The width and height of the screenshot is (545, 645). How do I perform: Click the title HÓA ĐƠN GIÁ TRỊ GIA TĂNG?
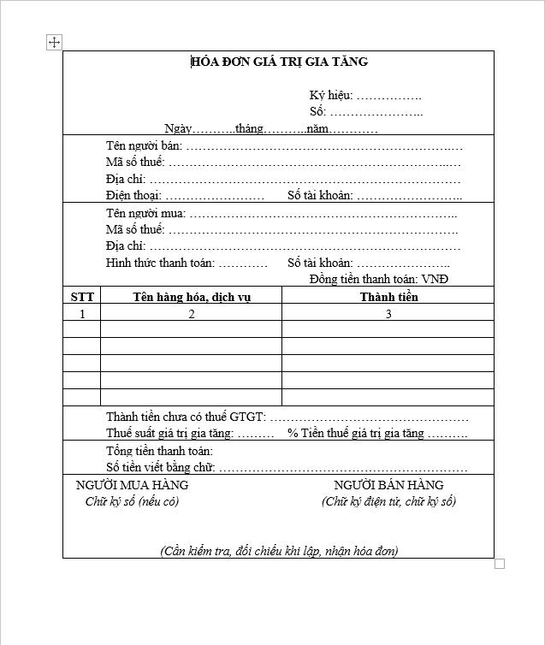(x=279, y=62)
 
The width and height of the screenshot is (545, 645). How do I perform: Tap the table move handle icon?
(x=54, y=42)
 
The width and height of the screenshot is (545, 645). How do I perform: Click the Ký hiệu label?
(x=331, y=96)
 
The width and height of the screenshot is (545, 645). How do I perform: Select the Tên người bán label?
(x=143, y=145)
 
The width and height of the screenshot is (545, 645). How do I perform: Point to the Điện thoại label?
(x=133, y=196)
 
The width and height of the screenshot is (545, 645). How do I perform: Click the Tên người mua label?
(x=145, y=213)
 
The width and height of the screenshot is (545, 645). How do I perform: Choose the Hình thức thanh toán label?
(x=160, y=263)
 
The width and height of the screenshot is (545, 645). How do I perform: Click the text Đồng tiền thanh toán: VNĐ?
(x=379, y=279)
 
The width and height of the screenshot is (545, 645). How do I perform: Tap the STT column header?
(x=82, y=297)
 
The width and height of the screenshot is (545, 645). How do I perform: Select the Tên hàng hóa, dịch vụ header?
(x=192, y=297)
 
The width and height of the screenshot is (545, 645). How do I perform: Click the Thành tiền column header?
(x=388, y=297)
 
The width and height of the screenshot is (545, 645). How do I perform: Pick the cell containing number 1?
(x=82, y=314)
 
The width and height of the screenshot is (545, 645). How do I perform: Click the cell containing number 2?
(x=192, y=314)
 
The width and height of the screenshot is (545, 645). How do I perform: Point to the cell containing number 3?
(x=388, y=314)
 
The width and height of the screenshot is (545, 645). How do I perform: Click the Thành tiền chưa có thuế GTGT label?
(x=186, y=417)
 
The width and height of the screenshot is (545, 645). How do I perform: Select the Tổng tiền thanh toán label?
(x=159, y=451)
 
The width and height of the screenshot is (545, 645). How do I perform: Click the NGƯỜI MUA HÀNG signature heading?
(x=132, y=485)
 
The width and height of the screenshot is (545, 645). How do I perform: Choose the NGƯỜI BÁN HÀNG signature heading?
(x=388, y=485)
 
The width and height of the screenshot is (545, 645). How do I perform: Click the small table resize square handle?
(x=500, y=564)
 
